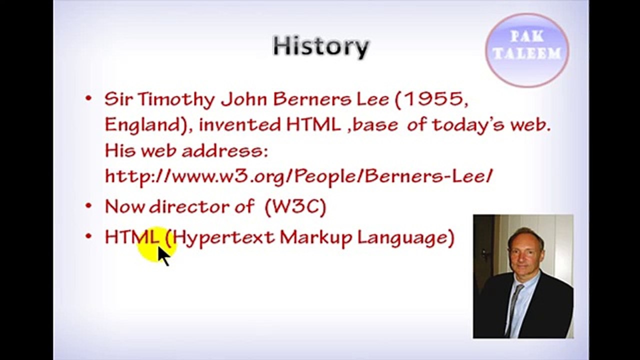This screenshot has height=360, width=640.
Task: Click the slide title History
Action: (x=320, y=46)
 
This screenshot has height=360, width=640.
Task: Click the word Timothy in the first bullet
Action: (x=175, y=99)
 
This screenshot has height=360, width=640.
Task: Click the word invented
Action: (x=239, y=124)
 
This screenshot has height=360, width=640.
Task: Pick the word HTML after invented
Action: (x=313, y=124)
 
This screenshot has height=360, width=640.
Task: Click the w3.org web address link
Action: (x=298, y=175)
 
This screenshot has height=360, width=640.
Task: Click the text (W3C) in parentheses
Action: (x=295, y=206)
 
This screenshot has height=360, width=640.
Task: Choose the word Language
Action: (x=405, y=237)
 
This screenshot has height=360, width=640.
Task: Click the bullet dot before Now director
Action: (x=88, y=205)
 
